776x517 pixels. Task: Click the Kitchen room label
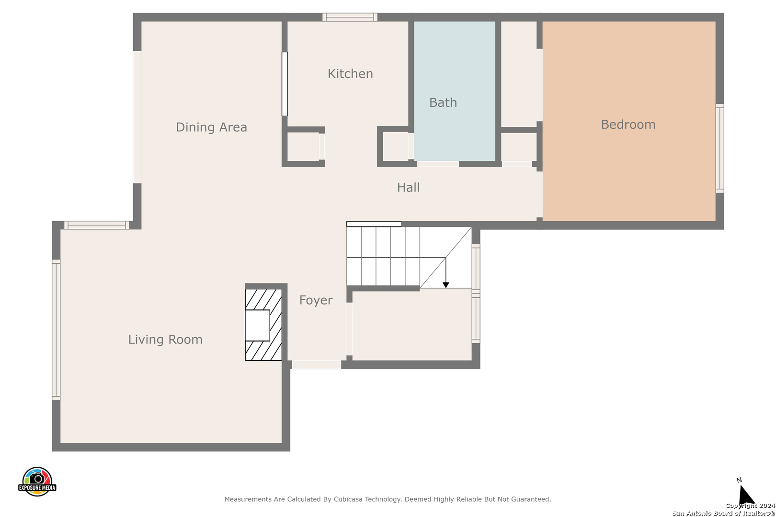coord(350,74)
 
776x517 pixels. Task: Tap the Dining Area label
coord(211,127)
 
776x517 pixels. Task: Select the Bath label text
coord(443,102)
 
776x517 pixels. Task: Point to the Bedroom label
coord(628,124)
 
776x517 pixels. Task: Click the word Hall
coord(408,187)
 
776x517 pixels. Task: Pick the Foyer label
coord(316,300)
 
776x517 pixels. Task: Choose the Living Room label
coord(165,339)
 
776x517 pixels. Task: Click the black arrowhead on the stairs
coord(446,285)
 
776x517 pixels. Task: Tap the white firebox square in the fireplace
coord(257,326)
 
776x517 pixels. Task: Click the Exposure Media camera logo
coord(37,481)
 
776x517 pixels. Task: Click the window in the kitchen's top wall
coord(350,17)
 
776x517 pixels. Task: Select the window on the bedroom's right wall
coord(720,148)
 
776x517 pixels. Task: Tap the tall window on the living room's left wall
coord(56,330)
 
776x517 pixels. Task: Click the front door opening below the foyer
coord(316,365)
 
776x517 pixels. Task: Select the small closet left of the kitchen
coord(303,146)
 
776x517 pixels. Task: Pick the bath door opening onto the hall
coord(438,164)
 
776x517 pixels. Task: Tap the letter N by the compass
coord(739,480)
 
